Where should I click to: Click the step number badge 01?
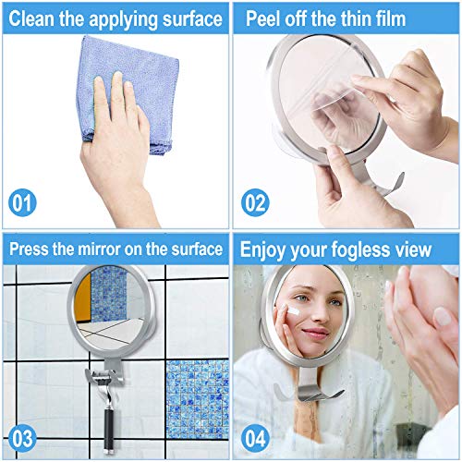22,202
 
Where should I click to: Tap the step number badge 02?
255,202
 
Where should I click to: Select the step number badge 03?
22,438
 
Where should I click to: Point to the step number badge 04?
255,438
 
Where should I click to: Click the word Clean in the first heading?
31,18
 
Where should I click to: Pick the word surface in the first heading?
192,18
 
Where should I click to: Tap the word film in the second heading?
390,18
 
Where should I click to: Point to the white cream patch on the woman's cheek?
291,310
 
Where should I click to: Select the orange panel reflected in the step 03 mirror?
83,298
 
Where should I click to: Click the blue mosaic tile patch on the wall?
197,399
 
